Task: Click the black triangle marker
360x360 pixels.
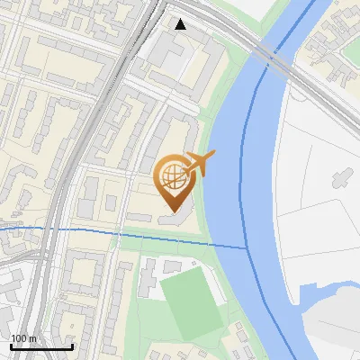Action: point(181,24)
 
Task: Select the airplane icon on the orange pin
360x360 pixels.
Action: point(200,164)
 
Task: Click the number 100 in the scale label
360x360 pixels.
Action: point(19,338)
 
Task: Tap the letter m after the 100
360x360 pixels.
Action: point(32,338)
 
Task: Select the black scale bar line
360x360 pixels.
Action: point(40,346)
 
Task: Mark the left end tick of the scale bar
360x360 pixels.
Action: point(10,345)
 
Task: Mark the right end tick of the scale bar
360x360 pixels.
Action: point(72,345)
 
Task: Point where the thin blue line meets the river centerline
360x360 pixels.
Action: point(247,247)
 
